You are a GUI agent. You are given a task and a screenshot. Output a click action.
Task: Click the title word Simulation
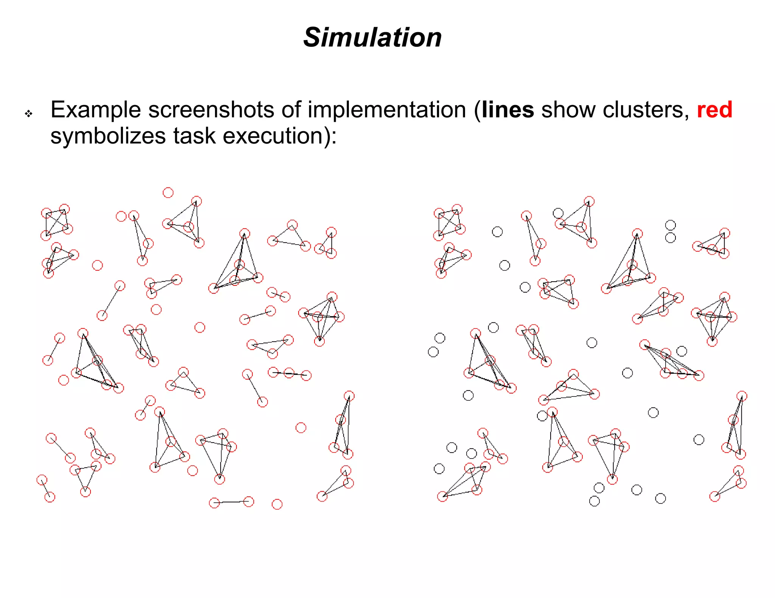[372, 38]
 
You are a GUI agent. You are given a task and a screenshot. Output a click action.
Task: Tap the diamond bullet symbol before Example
[29, 113]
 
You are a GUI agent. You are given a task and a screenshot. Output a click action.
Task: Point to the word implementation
[386, 110]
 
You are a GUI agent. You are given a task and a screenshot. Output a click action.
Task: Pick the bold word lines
[508, 110]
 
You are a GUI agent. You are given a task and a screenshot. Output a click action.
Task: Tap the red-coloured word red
[714, 110]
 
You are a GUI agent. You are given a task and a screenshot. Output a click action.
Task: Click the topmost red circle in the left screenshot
[168, 193]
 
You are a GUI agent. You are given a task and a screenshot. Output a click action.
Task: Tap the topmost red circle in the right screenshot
[589, 201]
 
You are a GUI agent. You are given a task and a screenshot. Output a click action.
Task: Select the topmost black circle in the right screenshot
[558, 213]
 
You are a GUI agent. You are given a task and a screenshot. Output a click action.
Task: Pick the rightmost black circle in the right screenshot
[699, 440]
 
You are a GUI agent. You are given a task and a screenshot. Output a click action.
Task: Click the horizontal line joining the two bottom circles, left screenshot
[231, 502]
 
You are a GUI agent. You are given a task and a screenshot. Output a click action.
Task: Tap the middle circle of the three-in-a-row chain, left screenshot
[289, 373]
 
